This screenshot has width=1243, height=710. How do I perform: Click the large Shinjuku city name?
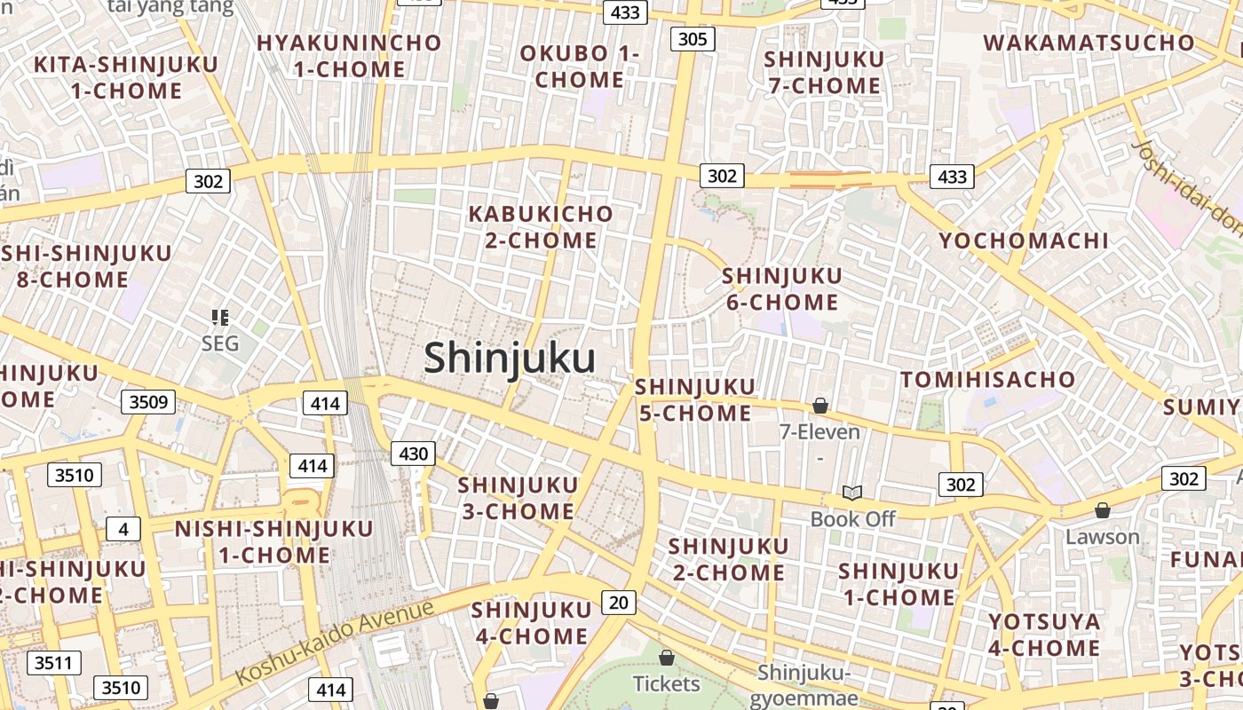(x=509, y=359)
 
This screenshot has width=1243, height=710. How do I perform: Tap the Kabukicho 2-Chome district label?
(x=541, y=226)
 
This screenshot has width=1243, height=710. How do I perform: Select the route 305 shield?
(x=692, y=38)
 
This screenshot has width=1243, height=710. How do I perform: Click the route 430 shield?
(x=413, y=454)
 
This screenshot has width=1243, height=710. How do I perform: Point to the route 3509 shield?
(x=148, y=402)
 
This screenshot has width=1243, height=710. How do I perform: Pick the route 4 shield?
(x=123, y=529)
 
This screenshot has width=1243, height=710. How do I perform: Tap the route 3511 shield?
(x=54, y=662)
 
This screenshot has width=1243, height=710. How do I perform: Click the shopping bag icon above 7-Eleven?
(x=820, y=406)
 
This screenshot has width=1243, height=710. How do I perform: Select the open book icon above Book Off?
(x=852, y=492)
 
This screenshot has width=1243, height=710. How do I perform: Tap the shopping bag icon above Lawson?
(x=1102, y=510)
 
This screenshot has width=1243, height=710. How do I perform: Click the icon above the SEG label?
(x=220, y=317)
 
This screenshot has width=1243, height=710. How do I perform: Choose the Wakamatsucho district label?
(x=1089, y=42)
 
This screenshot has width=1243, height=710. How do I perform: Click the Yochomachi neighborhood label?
(x=1024, y=240)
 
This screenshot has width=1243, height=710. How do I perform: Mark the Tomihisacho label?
(x=988, y=380)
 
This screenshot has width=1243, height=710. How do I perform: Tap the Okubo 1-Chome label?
(x=580, y=66)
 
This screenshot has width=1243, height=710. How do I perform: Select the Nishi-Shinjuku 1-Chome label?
(x=274, y=542)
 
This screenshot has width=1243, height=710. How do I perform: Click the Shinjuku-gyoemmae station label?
(x=804, y=685)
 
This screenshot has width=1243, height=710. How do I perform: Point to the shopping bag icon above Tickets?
(x=666, y=658)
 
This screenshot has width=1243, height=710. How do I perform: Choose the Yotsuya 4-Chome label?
(x=1044, y=634)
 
